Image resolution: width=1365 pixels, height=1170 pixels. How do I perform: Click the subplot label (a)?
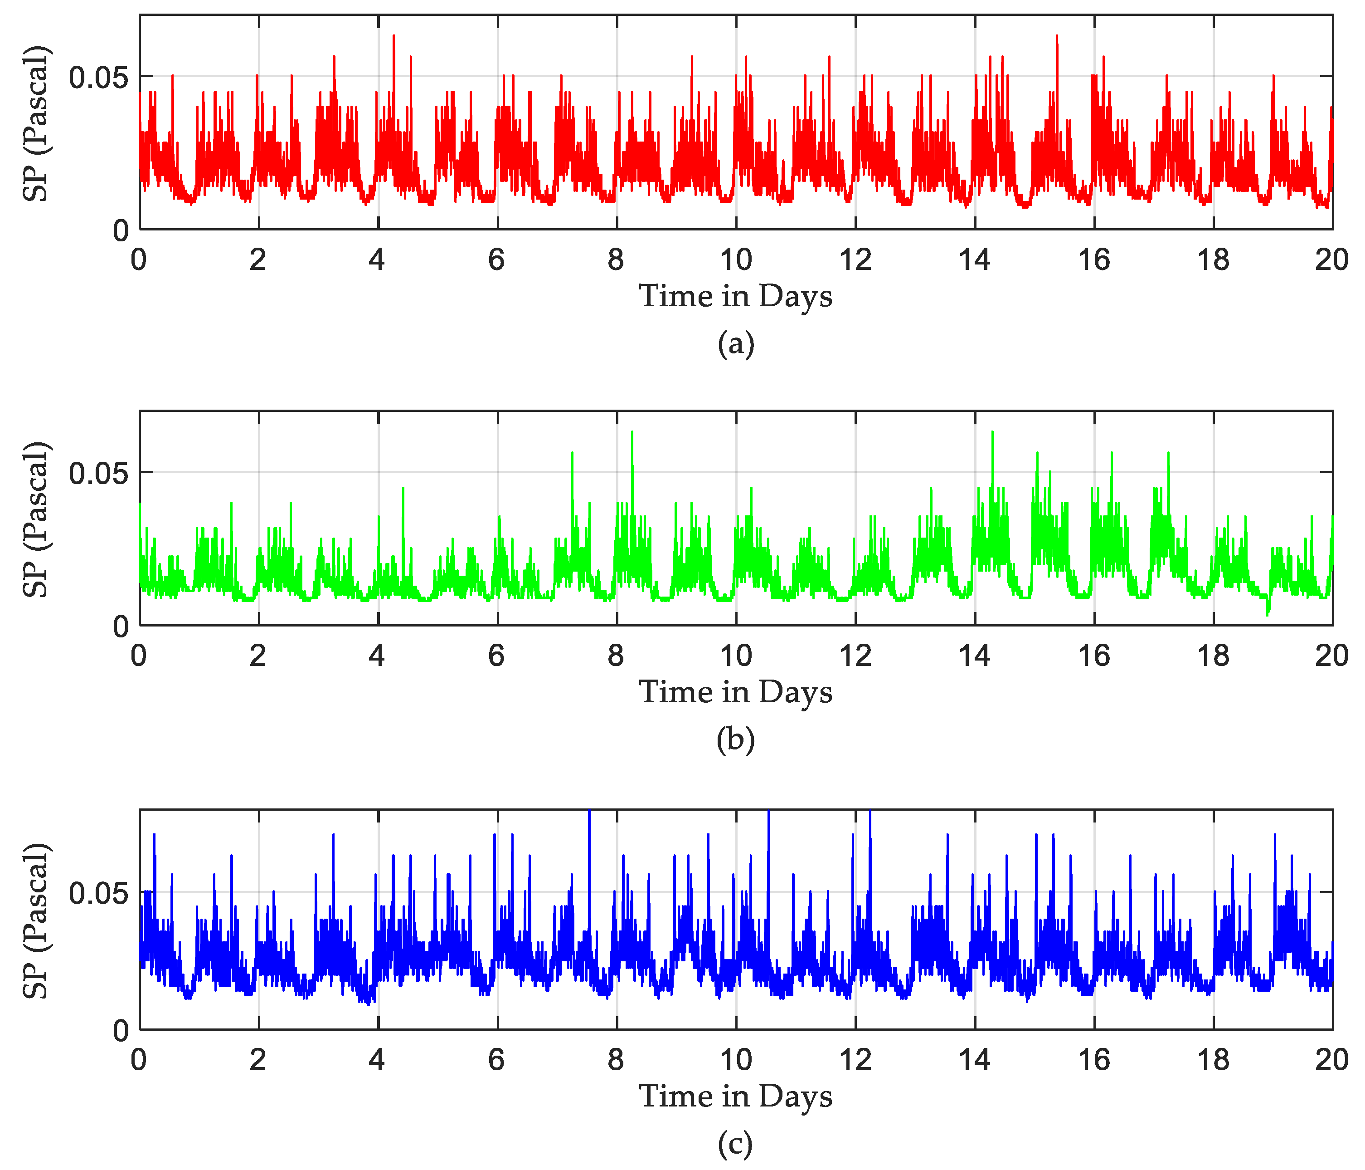tap(735, 344)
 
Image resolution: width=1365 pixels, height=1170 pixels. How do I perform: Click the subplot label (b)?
tap(735, 739)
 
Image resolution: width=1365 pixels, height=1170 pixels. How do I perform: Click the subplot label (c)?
tap(735, 1144)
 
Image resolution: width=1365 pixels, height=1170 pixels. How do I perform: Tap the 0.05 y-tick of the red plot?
tap(99, 78)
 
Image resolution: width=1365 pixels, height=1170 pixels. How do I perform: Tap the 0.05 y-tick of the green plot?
tap(99, 473)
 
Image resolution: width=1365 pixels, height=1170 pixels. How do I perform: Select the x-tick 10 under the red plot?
tap(735, 260)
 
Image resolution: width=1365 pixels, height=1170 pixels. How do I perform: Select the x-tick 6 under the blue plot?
tap(497, 1060)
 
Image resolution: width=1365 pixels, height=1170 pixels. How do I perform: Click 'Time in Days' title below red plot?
tap(735, 296)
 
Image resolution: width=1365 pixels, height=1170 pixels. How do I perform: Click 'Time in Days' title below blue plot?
tap(735, 1096)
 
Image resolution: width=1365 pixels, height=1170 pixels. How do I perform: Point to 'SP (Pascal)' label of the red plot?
tap(36, 123)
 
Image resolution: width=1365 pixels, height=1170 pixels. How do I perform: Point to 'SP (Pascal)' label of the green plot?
tap(36, 519)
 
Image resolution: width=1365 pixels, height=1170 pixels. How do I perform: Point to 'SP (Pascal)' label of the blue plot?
tap(36, 920)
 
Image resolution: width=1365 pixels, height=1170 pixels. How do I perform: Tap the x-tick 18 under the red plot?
tap(1214, 260)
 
